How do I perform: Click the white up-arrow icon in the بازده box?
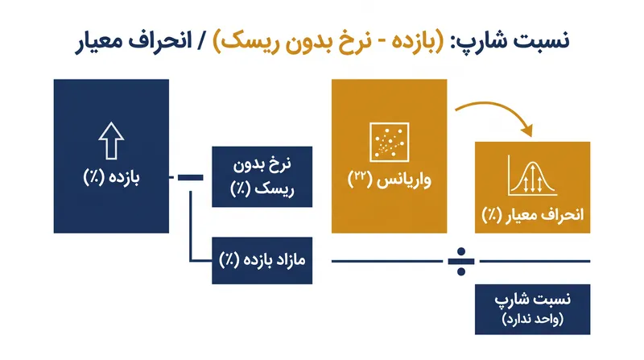pos(111,141)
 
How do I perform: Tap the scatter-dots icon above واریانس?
pos(389,143)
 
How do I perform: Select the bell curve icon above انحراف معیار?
pos(532,176)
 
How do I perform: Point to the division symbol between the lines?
pos(460,262)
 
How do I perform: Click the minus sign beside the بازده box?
pos(190,177)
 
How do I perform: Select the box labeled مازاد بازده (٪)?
pos(262,261)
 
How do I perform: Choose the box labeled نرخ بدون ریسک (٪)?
pos(262,176)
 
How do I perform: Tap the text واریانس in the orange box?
pos(404,180)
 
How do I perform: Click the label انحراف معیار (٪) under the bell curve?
pos(532,215)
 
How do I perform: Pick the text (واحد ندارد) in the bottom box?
pos(532,319)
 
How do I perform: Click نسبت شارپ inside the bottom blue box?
pos(532,299)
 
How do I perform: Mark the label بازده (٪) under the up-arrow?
pos(111,177)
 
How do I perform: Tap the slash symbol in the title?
pos(202,42)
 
